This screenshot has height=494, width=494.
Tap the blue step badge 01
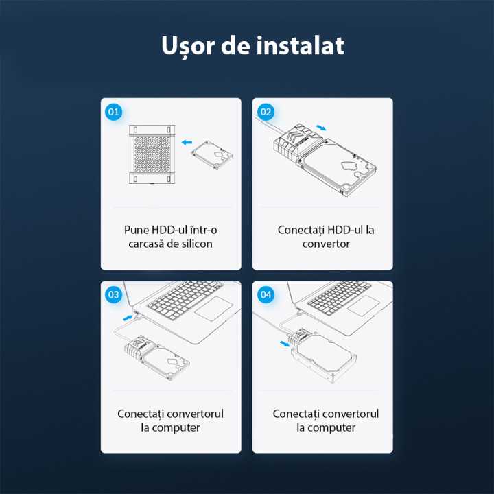pyautogui.click(x=114, y=111)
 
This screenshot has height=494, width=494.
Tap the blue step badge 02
pyautogui.click(x=266, y=111)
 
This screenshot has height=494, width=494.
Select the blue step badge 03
pyautogui.click(x=114, y=294)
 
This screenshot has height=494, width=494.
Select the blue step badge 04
pyautogui.click(x=266, y=294)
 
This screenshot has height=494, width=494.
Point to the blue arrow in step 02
pyautogui.click(x=321, y=128)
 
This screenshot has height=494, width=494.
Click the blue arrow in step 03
pyautogui.click(x=127, y=318)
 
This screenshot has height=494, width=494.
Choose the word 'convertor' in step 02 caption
pyautogui.click(x=326, y=244)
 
